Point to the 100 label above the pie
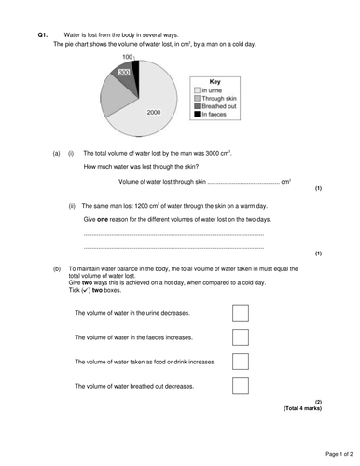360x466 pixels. pyautogui.click(x=127, y=57)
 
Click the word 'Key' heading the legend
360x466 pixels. pyautogui.click(x=215, y=80)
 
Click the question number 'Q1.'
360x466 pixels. pyautogui.click(x=43, y=34)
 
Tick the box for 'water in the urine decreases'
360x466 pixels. pyautogui.click(x=240, y=313)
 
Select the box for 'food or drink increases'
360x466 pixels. pyautogui.click(x=240, y=361)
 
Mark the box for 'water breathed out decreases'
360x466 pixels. pyautogui.click(x=240, y=384)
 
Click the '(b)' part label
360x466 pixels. pyautogui.click(x=58, y=267)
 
